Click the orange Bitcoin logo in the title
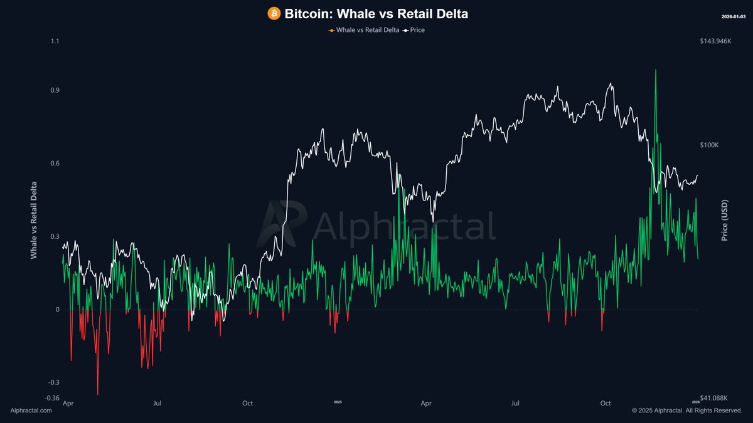[274, 13]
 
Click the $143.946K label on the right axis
[716, 41]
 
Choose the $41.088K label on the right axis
[714, 397]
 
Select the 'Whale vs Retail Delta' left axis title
[33, 220]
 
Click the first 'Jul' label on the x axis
[158, 403]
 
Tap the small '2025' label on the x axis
[338, 402]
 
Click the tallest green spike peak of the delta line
[656, 70]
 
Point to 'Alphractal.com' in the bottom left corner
[31, 410]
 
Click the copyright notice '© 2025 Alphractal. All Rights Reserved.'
[687, 410]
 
